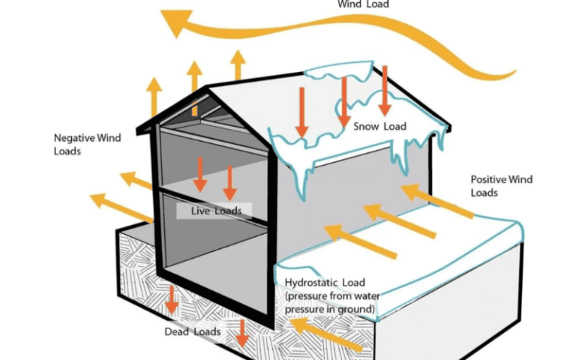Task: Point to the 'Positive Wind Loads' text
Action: point(500,186)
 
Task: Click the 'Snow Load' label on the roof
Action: point(379,126)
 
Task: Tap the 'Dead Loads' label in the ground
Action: point(192,331)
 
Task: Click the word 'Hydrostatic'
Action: point(312,282)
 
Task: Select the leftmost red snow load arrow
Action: point(301,112)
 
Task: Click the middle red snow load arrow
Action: point(343,101)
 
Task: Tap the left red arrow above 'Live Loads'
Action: point(200,174)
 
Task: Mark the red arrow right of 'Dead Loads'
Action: point(241,332)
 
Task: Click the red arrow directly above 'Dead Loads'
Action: point(172,300)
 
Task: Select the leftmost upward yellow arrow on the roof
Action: point(154,95)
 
